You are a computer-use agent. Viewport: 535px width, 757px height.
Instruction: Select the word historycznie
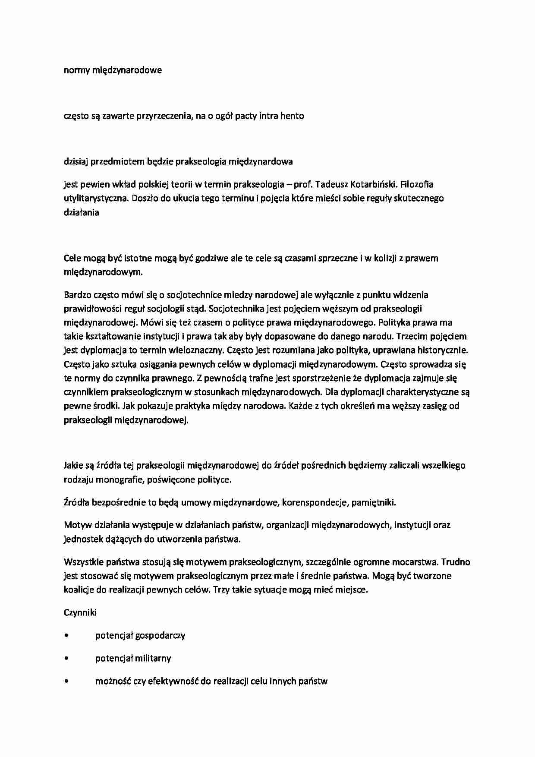pyautogui.click(x=443, y=350)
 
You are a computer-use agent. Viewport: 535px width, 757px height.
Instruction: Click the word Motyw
pyautogui.click(x=76, y=525)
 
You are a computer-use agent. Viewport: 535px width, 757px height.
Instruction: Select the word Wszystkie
pyautogui.click(x=82, y=562)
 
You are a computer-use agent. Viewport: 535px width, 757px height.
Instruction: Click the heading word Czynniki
pyautogui.click(x=80, y=613)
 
